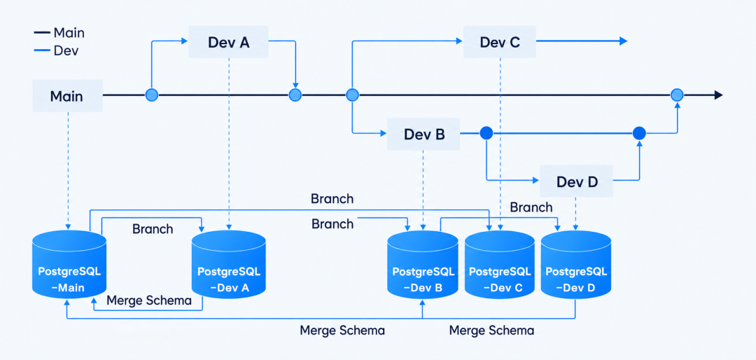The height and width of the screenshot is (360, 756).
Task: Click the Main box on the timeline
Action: [x=67, y=95]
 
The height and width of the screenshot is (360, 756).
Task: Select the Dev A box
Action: [x=228, y=42]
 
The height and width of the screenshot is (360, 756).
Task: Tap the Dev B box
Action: [x=423, y=134]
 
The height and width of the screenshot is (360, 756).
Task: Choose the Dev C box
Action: [x=500, y=42]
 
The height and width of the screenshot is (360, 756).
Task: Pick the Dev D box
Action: [x=576, y=181]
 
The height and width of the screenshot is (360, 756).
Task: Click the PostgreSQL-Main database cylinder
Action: [x=69, y=264]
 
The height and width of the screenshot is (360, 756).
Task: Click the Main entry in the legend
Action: [x=59, y=33]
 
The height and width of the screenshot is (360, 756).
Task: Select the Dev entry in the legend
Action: [x=56, y=50]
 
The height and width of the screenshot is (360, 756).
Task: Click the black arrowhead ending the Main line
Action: [x=718, y=95]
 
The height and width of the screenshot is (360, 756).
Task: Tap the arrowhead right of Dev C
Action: [x=623, y=41]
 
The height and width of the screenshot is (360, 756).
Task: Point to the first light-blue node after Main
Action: [x=152, y=95]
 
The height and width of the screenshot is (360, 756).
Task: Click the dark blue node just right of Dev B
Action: [x=486, y=133]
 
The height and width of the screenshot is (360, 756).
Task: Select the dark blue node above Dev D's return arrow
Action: [x=639, y=133]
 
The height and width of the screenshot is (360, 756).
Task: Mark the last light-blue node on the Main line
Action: [x=678, y=95]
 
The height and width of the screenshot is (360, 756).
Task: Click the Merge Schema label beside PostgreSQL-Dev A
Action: [x=149, y=300]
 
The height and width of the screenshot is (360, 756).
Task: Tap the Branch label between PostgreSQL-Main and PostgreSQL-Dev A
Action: [x=153, y=228]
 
